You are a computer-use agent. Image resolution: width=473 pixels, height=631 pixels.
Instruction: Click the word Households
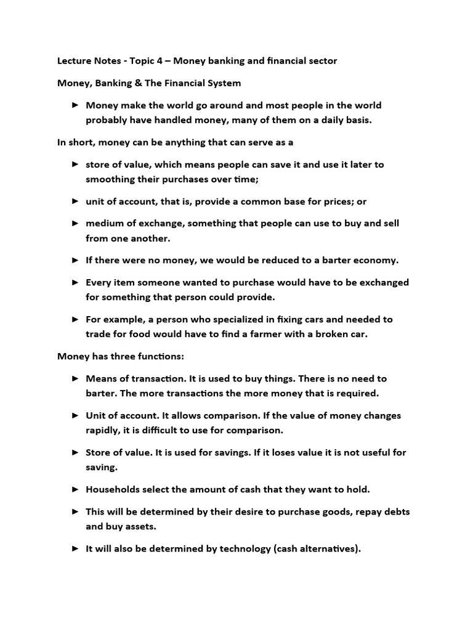click(113, 490)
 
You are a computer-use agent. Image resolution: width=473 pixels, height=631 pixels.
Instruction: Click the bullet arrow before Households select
click(75, 489)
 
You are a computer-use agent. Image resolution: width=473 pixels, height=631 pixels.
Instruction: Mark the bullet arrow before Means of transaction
click(75, 378)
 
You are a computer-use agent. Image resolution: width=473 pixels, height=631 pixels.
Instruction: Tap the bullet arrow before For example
click(75, 319)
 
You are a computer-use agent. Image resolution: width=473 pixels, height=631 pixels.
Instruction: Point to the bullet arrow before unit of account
click(75, 201)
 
